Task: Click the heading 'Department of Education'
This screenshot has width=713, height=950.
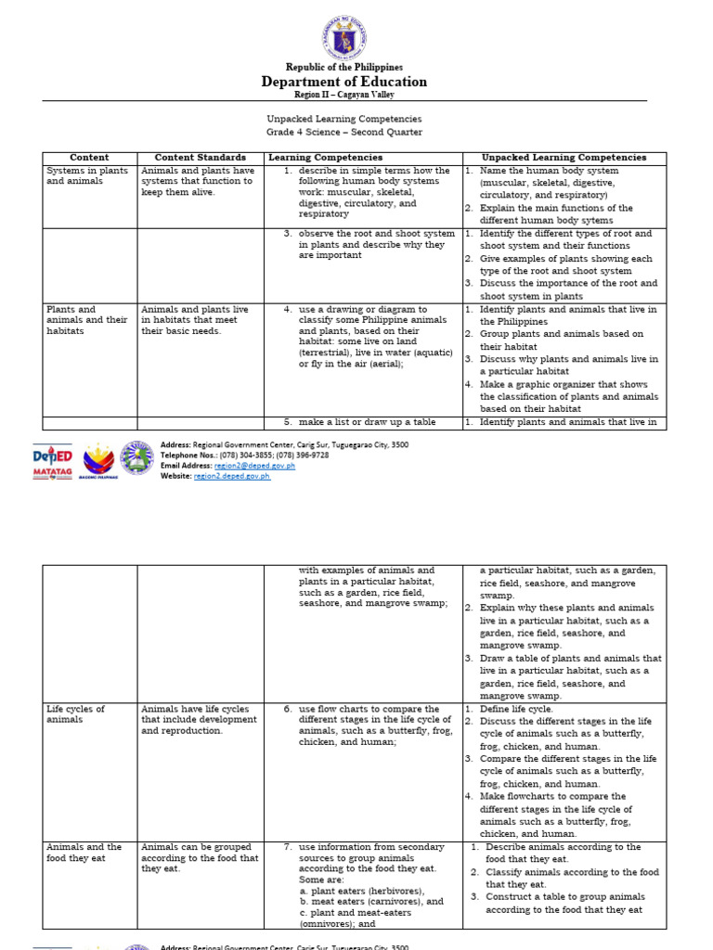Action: point(344,82)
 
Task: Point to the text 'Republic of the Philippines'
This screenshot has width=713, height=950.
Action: point(344,67)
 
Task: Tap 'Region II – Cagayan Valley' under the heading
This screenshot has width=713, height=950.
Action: point(344,95)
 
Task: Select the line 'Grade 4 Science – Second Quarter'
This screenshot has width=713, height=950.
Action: point(344,132)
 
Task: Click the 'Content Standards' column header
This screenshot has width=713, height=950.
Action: point(201,158)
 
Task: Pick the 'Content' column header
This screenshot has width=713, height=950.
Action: point(90,158)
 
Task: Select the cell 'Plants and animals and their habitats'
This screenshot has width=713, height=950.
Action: point(86,320)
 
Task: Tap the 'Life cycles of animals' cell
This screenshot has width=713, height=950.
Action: point(76,713)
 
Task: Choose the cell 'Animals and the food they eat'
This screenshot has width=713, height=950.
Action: point(84,853)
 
